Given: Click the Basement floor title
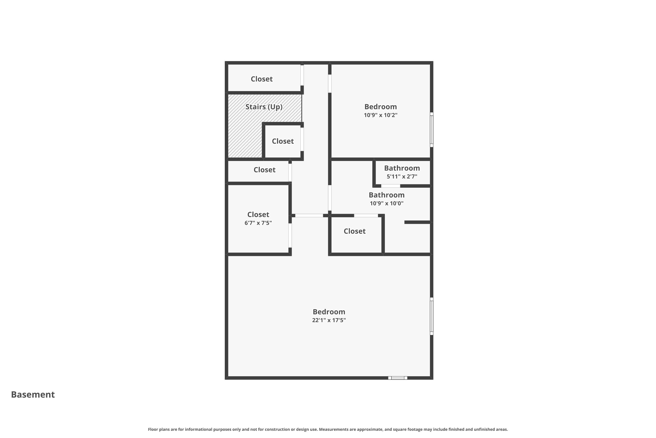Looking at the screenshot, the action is [x=33, y=394].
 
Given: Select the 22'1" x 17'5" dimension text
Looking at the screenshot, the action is [x=329, y=320].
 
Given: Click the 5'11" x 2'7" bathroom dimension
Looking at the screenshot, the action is [x=402, y=176].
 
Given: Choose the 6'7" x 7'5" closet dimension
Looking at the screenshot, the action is [x=258, y=223].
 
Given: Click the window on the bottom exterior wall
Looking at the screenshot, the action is [x=398, y=378].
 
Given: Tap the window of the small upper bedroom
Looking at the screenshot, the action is [x=431, y=130].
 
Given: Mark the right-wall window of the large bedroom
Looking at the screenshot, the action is [x=431, y=316].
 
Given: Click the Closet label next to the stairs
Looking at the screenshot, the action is [x=283, y=141].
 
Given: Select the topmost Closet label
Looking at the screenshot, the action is [x=262, y=79].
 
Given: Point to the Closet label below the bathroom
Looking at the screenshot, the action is [x=354, y=231].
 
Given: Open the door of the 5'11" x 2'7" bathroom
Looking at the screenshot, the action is [x=391, y=186].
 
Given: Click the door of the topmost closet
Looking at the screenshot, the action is [x=302, y=75].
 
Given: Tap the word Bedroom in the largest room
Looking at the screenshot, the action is [x=329, y=312].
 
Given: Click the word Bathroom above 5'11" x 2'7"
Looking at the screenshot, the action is [x=402, y=168].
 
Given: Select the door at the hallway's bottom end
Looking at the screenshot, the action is [x=309, y=215].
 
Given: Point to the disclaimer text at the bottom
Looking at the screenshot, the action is [x=328, y=429].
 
